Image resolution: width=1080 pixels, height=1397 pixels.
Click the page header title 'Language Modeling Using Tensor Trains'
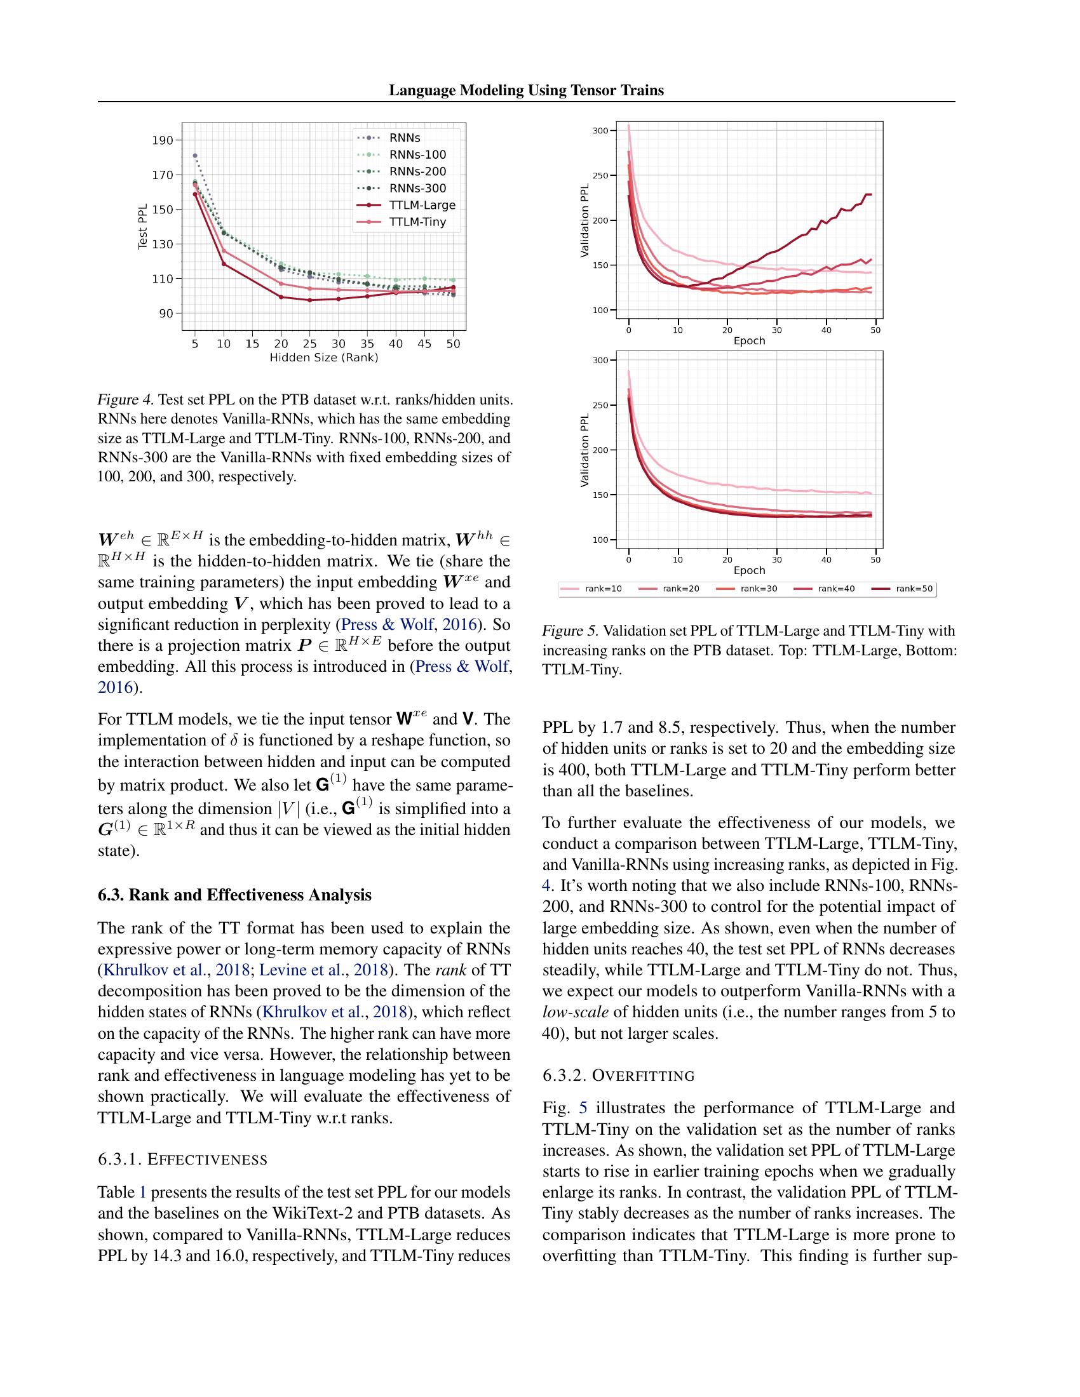[526, 90]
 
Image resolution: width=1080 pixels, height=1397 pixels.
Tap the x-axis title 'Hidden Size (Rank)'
[324, 358]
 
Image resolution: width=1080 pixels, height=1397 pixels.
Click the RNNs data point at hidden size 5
[195, 156]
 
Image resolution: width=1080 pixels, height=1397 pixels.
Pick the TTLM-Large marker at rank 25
[309, 300]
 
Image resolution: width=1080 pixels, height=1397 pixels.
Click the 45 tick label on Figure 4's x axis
[425, 344]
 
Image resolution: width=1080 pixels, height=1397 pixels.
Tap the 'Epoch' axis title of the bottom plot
[748, 570]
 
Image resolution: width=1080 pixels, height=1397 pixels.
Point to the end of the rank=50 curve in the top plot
[870, 194]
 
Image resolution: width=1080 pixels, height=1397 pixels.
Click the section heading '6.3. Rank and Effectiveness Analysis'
[234, 894]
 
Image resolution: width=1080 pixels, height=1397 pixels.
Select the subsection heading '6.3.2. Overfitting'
[618, 1075]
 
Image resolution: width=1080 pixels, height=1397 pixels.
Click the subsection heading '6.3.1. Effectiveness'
[182, 1159]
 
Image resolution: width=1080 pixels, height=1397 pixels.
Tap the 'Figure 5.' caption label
[570, 631]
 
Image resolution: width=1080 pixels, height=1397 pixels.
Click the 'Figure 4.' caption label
[125, 401]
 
